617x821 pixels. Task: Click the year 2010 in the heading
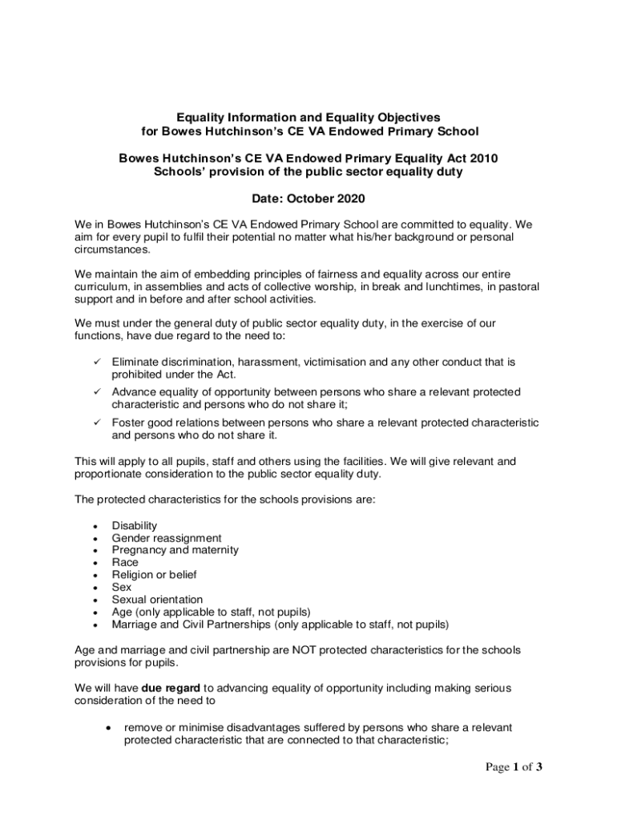(x=482, y=158)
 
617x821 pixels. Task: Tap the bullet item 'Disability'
(x=135, y=526)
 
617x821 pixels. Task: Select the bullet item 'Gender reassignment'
(x=167, y=538)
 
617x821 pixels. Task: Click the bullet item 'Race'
(x=125, y=563)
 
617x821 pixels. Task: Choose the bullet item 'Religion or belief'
(x=154, y=575)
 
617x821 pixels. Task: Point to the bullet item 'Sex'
(x=122, y=587)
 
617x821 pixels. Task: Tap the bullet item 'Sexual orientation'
(x=157, y=600)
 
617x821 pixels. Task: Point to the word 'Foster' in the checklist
(x=128, y=423)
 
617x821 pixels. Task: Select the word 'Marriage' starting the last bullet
(x=135, y=624)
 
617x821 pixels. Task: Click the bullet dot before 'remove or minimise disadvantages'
(x=107, y=728)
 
